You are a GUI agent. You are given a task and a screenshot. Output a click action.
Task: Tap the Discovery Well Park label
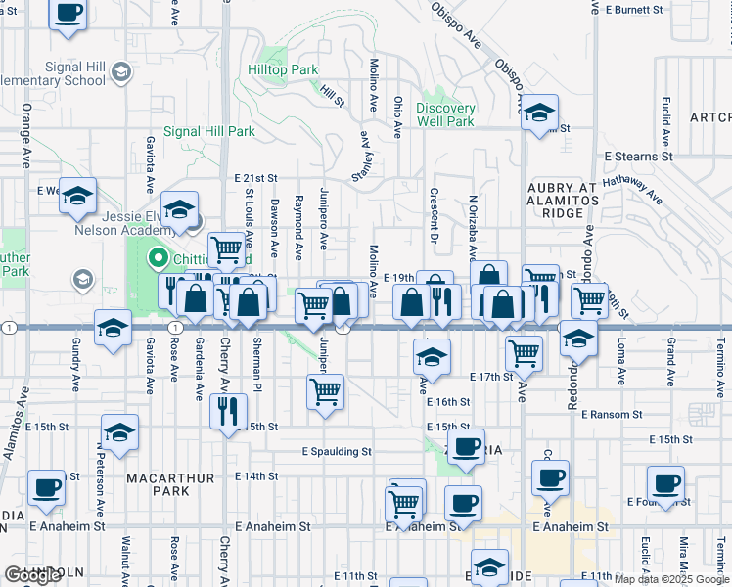pos(445,114)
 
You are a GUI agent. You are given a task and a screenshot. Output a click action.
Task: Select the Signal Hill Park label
pos(209,131)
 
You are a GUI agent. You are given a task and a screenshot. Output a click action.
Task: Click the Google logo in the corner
pos(32,575)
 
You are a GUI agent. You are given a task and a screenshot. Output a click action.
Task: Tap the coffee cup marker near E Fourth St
pos(666,482)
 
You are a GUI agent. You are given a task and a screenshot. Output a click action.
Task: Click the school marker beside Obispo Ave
pos(539,113)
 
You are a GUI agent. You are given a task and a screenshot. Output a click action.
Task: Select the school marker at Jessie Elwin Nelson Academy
pos(179,208)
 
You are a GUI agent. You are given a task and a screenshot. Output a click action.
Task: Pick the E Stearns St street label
pos(639,156)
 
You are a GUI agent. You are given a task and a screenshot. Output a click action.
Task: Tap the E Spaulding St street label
pos(337,452)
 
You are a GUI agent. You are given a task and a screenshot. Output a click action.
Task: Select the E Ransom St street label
pos(611,415)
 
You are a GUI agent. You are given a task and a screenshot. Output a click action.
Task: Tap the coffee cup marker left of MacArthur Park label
pos(46,486)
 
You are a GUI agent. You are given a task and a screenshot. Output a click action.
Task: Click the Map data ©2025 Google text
pos(672,579)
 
